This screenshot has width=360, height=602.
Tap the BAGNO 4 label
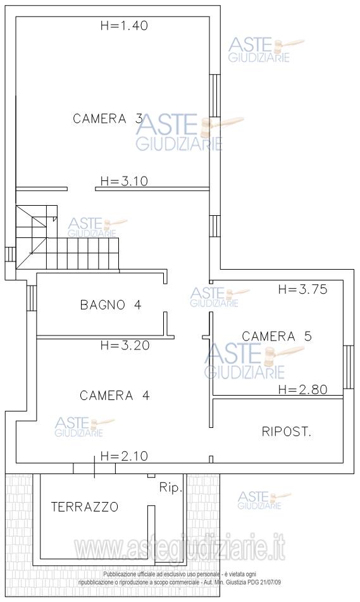coord(111,305)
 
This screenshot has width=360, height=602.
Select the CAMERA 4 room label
coord(115,396)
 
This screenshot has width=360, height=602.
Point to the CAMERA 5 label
coord(276,337)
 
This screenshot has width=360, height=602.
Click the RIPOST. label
coord(287,432)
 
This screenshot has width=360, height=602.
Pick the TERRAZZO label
coord(85,507)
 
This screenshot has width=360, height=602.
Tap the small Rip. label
coord(170,488)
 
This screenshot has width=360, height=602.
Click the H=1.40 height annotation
coord(124,26)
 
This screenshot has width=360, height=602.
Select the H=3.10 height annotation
coord(124,181)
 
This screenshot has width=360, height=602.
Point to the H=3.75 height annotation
coord(303,289)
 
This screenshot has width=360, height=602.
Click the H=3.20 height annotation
coord(125,345)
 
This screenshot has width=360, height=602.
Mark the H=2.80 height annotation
coord(303,390)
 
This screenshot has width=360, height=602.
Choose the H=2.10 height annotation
coord(124,456)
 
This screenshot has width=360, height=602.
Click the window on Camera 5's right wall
coord(348,367)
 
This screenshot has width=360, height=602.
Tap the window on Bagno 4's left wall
coord(32,298)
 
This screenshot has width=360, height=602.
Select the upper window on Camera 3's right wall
coord(215,95)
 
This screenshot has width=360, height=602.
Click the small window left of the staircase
coord(10,254)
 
